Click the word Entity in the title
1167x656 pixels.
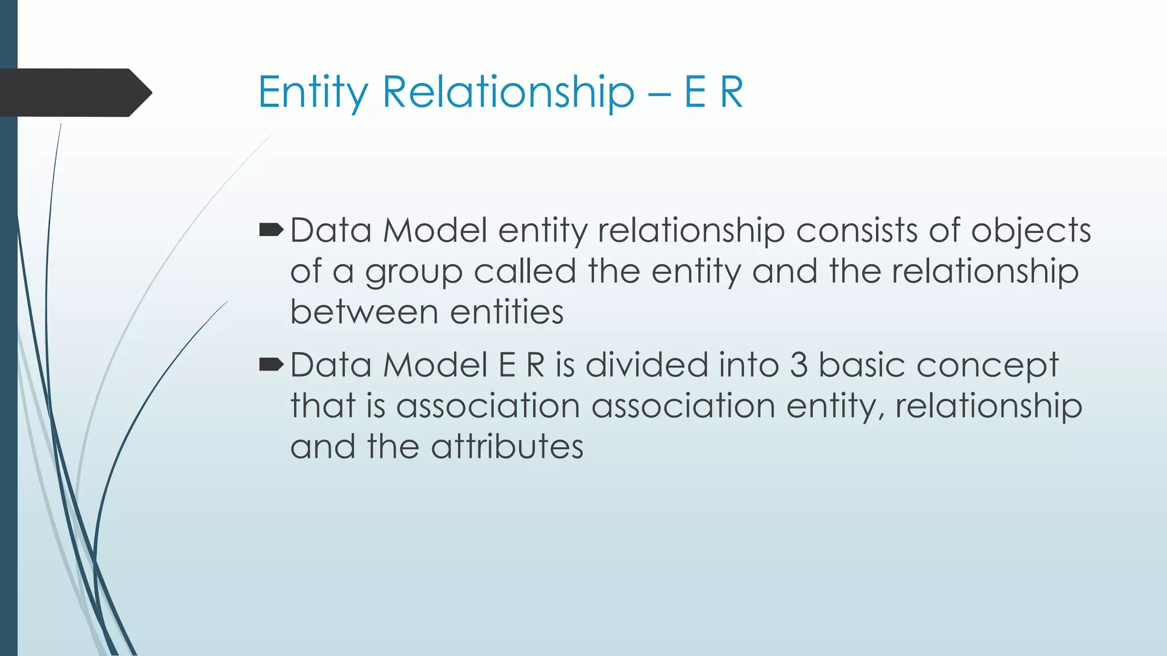pos(313,92)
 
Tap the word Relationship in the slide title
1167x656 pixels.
pos(508,92)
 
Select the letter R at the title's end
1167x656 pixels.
pos(731,92)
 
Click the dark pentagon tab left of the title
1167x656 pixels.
pos(74,93)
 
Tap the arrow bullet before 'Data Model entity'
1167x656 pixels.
pos(271,231)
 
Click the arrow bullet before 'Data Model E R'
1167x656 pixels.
pos(271,364)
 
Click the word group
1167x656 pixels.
pos(414,272)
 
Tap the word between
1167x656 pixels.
pos(364,312)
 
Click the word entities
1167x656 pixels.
pos(507,312)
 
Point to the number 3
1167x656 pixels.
pos(798,365)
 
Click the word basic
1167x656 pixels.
pos(862,364)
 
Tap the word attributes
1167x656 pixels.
pos(507,446)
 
